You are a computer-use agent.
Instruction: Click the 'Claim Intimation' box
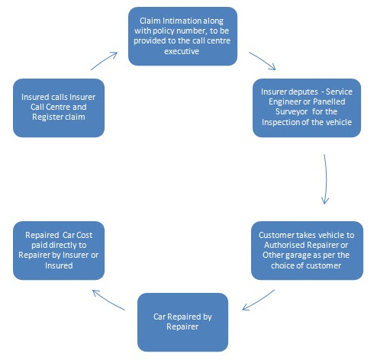click(x=182, y=36)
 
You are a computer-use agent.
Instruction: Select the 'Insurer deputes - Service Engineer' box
click(x=307, y=108)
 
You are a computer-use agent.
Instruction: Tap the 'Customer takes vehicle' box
click(x=307, y=250)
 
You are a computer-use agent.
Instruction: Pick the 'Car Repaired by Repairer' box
click(x=182, y=322)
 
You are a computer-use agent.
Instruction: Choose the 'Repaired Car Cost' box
click(x=59, y=250)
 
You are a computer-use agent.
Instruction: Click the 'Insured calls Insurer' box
click(x=59, y=108)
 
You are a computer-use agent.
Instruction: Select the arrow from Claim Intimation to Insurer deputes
click(x=262, y=61)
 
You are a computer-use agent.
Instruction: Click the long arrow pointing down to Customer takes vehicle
click(x=326, y=179)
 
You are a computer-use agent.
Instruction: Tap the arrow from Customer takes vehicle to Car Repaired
click(x=258, y=300)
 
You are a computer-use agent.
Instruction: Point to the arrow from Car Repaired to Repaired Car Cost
click(x=108, y=300)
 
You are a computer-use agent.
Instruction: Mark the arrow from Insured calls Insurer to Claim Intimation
click(x=104, y=61)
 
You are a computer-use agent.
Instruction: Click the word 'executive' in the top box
click(x=182, y=51)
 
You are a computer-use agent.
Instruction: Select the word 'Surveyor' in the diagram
click(x=292, y=111)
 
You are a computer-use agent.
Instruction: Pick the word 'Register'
click(x=47, y=117)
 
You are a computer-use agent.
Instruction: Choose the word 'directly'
click(x=64, y=245)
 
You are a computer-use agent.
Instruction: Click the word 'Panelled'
click(x=329, y=101)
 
